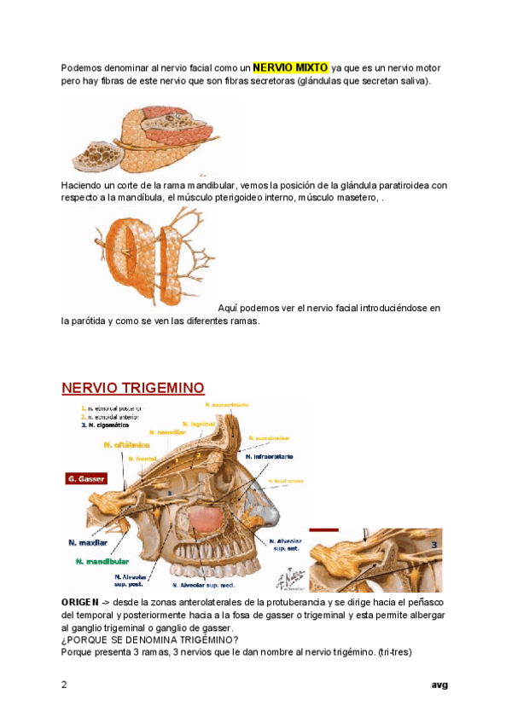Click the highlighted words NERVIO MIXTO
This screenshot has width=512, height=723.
pos(290,67)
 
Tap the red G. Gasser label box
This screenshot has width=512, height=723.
pos(86,480)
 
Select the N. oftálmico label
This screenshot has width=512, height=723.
pos(126,444)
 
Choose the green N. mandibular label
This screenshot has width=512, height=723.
pos(102,561)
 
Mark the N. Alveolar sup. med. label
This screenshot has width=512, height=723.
pos(204,586)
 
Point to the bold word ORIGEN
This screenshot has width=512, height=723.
pos(79,603)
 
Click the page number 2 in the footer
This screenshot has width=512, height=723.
pos(64,684)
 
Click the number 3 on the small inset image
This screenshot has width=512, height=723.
pos(435,544)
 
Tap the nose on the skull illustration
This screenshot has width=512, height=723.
pos(256,503)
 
